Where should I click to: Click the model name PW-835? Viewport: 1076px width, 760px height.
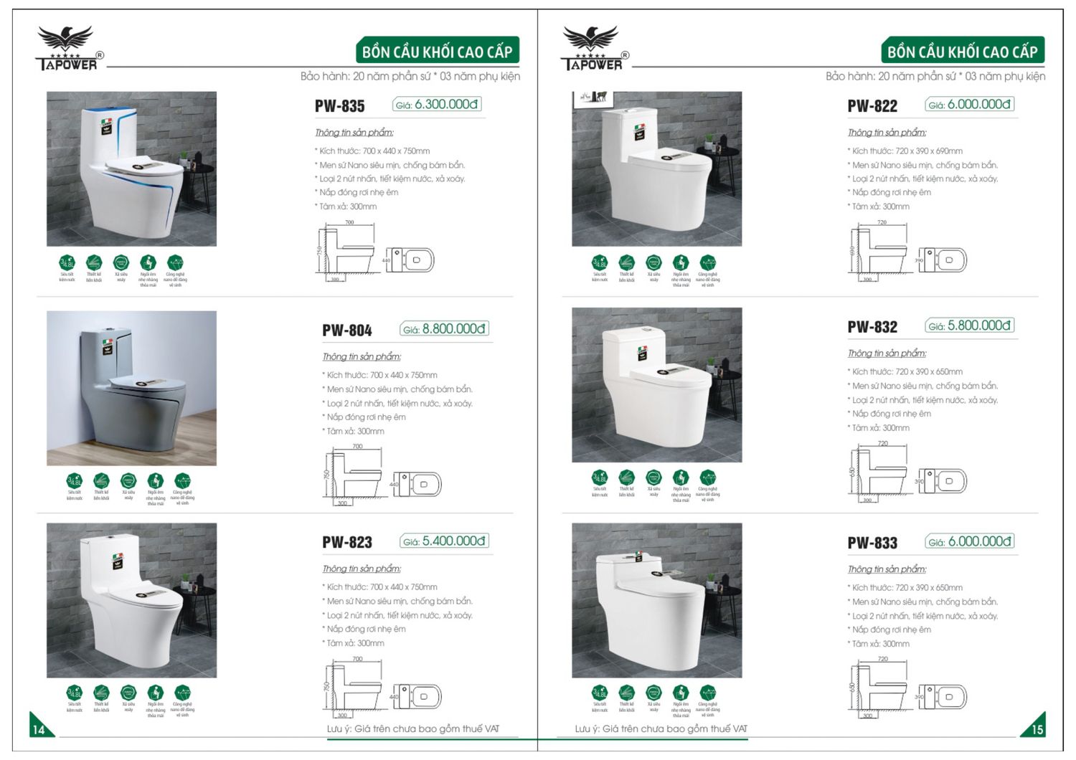pos(339,106)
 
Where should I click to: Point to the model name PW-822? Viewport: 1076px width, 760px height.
pos(872,106)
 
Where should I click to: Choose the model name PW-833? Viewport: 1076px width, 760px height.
pos(872,543)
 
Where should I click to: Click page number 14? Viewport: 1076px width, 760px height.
pos(39,729)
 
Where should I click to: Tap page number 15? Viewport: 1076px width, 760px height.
pos(1037,729)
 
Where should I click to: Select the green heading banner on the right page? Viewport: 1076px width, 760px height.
pos(962,52)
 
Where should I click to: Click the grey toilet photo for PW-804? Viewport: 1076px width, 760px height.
pos(131,388)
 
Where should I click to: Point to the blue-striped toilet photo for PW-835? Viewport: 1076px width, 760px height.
pos(131,168)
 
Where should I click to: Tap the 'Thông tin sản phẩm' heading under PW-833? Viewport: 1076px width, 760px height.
pos(887,569)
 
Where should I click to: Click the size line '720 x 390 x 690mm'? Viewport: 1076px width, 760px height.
pos(907,151)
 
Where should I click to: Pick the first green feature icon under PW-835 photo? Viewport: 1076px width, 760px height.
pos(67,263)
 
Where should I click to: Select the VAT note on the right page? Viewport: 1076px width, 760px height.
pos(661,728)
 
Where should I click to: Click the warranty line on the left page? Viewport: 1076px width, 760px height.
pos(410,76)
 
